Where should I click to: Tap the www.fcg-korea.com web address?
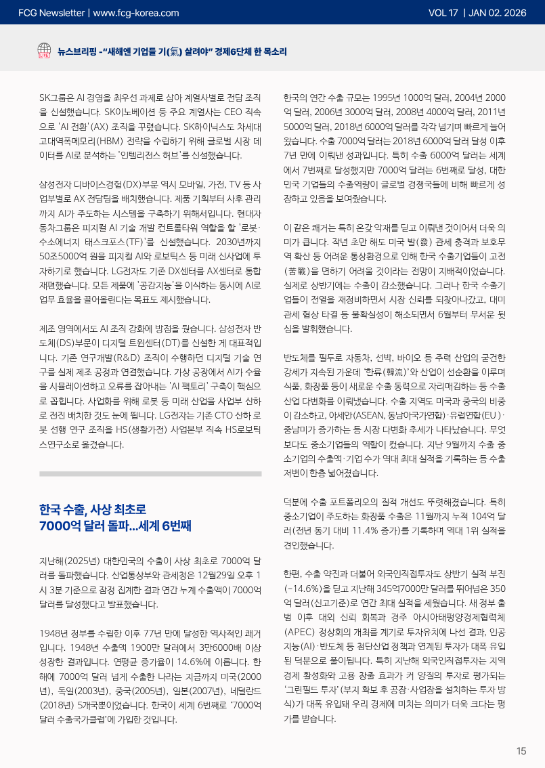tap(135, 12)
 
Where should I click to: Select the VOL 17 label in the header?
tap(443, 12)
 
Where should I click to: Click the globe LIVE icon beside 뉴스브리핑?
tap(45, 51)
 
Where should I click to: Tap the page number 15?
tap(521, 750)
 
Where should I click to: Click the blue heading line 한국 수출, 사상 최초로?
tap(93, 509)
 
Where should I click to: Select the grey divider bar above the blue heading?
tap(150, 474)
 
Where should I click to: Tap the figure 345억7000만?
tap(381, 588)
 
